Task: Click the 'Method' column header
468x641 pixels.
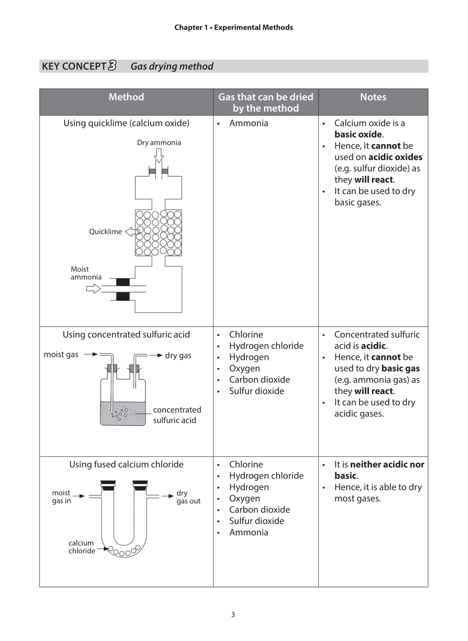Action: (126, 97)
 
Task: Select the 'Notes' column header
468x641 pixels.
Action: (373, 97)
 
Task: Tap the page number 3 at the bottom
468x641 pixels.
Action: (233, 614)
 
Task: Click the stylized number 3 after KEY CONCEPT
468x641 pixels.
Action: (112, 66)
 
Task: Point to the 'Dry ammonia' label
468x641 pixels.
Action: (159, 143)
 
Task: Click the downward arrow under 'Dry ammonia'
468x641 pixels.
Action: (159, 156)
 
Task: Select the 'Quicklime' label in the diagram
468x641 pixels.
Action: (105, 232)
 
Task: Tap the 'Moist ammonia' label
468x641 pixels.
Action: (86, 273)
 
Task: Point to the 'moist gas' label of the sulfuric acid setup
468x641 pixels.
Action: (61, 354)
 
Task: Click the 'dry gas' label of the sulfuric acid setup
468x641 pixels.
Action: (178, 355)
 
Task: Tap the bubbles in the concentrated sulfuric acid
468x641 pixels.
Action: (120, 414)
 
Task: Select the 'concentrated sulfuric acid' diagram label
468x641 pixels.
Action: (177, 415)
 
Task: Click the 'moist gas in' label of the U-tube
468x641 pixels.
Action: (61, 497)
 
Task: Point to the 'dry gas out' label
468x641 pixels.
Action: (188, 497)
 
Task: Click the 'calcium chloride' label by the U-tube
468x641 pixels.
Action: (82, 547)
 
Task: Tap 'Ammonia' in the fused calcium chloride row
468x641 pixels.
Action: (249, 532)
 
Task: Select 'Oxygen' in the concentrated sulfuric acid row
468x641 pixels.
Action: (244, 368)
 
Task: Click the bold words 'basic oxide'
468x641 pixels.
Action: (358, 134)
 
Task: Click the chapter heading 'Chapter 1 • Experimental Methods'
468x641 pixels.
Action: (234, 28)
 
